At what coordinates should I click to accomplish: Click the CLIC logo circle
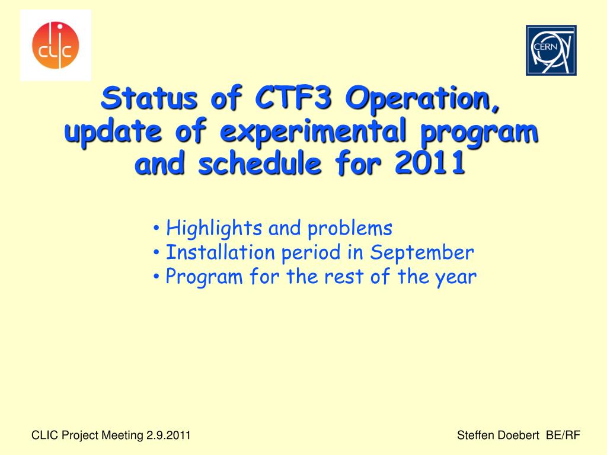[55, 45]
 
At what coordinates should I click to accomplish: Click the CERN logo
[551, 50]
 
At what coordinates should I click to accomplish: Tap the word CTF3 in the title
[293, 98]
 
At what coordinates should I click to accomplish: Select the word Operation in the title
[423, 99]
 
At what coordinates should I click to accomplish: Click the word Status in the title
[149, 98]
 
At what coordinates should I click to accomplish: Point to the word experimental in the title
[313, 132]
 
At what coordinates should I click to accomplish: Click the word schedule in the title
[260, 164]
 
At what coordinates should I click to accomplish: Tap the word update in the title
[113, 132]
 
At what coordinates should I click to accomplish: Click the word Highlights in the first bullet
[214, 228]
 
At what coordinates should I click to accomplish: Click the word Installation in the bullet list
[221, 252]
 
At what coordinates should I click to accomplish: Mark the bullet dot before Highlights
[156, 228]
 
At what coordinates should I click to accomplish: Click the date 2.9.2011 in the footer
[168, 435]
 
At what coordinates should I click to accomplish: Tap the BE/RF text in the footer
[563, 435]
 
